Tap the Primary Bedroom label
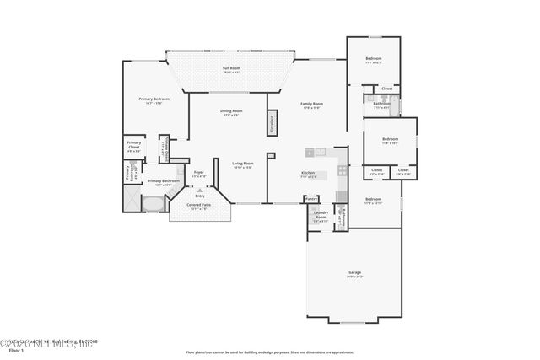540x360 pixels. point(154,100)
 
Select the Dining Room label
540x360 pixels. point(232,112)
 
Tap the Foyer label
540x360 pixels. point(199,174)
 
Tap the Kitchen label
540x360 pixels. point(308,175)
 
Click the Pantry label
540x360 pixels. point(311,199)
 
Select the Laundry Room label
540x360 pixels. point(321,215)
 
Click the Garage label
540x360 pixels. point(354,273)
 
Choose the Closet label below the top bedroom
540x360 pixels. point(386,89)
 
